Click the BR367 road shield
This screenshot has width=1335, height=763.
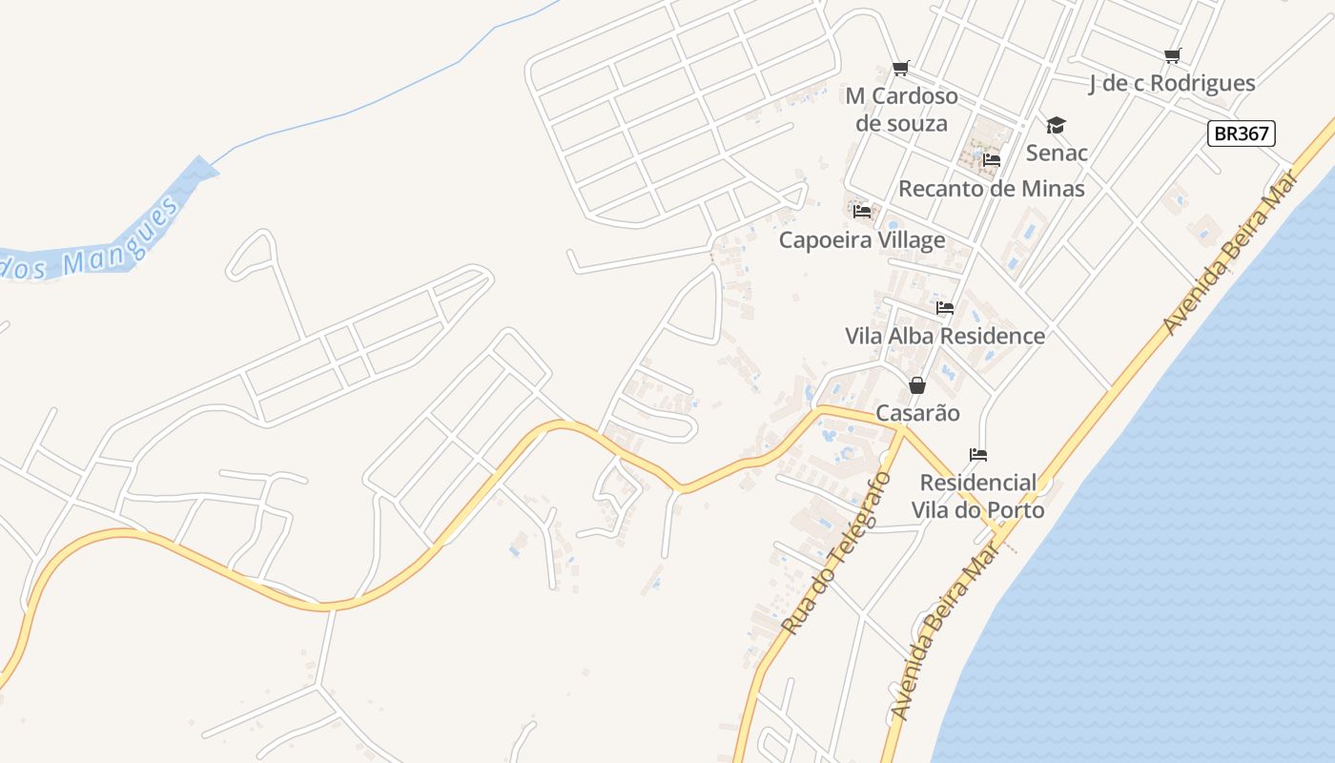point(1242,134)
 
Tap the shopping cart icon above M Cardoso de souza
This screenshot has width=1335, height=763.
point(901,69)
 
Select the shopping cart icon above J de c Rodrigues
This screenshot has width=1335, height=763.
point(1173,56)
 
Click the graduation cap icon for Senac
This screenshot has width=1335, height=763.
point(1056,126)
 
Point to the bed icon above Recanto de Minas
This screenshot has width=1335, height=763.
point(992,160)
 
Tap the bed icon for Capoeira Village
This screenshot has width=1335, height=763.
point(862,212)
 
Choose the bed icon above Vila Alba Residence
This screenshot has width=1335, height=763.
point(945,308)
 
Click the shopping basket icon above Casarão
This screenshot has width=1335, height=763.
point(917,385)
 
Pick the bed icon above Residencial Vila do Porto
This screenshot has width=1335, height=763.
point(977,454)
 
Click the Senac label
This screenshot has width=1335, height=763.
point(1057,153)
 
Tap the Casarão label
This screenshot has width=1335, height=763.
point(917,414)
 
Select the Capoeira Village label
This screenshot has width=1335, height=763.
point(862,240)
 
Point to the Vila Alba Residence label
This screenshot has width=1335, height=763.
point(945,337)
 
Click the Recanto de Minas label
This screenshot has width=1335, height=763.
point(992,189)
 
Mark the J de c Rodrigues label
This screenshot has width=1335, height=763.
point(1172,84)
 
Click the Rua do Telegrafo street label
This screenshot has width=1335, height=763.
point(836,553)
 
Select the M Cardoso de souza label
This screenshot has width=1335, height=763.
point(901,110)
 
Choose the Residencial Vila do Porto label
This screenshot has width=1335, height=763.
point(977,496)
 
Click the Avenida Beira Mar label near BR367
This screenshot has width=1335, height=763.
point(1230,253)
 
